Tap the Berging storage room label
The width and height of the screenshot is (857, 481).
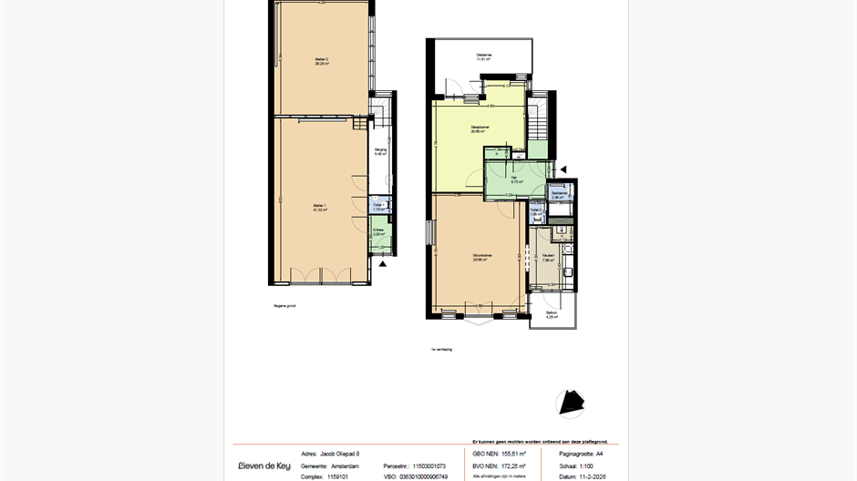(380, 151)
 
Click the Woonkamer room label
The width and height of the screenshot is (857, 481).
(479, 256)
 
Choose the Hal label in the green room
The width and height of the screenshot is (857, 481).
(516, 179)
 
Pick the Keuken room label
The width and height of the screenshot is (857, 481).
(548, 257)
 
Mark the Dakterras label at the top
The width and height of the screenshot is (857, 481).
(484, 57)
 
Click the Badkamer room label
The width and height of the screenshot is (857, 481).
(559, 194)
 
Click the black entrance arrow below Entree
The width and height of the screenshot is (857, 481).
(383, 263)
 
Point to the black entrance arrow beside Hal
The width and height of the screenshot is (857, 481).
(563, 169)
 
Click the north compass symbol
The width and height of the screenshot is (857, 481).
(570, 402)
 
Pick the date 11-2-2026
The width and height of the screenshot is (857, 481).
(594, 476)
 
